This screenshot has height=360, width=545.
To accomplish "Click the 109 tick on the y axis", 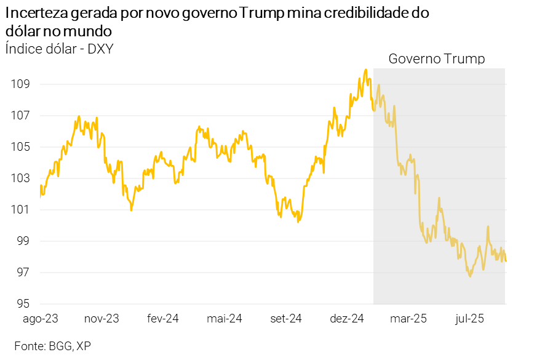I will [20, 84].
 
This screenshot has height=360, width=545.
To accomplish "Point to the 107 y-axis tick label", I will [20, 116].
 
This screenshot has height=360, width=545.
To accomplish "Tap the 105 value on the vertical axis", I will [20, 147].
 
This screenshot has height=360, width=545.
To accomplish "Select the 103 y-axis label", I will [20, 178].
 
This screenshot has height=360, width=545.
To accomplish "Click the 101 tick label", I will [20, 210].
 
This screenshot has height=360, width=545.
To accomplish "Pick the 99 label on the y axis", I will [23, 241].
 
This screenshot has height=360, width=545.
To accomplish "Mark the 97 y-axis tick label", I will [23, 273].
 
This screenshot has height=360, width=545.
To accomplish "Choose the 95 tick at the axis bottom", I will [23, 304].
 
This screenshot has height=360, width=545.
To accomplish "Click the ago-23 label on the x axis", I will [41, 319].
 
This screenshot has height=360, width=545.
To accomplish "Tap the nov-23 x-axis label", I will [101, 319].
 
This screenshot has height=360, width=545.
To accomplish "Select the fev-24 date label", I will [162, 319].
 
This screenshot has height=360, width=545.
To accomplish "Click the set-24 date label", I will [286, 319].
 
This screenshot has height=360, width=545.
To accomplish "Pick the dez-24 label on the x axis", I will [348, 319].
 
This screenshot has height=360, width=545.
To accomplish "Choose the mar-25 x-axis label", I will [408, 319].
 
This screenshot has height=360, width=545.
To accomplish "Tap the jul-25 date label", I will [470, 319].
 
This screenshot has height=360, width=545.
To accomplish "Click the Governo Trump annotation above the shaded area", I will [437, 59].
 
